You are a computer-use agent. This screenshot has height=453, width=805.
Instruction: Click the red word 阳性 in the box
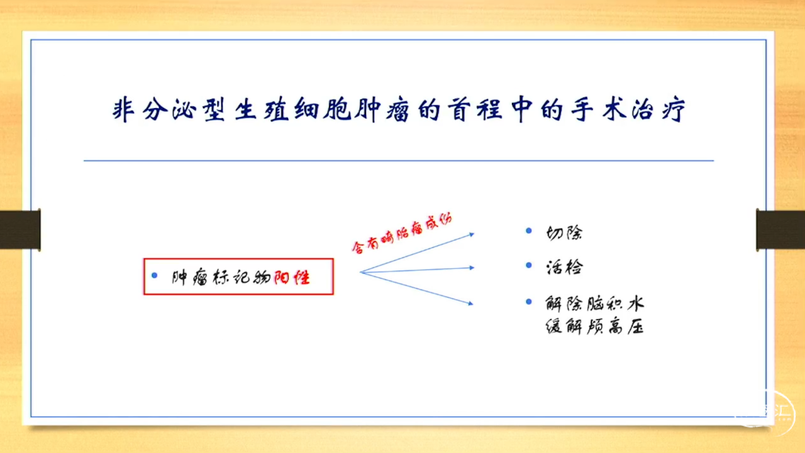[292, 278]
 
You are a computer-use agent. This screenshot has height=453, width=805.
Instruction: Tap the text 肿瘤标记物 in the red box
[221, 277]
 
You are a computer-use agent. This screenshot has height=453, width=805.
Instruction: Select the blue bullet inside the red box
[155, 276]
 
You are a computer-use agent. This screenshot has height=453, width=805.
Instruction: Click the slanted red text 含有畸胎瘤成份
[402, 234]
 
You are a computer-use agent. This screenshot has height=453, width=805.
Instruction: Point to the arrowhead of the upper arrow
[472, 235]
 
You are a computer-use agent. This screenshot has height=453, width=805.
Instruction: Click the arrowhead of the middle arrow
[472, 268]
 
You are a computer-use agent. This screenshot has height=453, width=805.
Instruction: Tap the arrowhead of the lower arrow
[471, 303]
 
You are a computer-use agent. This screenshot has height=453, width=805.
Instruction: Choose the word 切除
[564, 233]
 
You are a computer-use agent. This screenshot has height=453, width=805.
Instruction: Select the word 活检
[564, 267]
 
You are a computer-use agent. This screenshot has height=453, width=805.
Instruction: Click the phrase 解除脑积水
[595, 304]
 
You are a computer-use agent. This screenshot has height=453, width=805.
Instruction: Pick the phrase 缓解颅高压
[595, 327]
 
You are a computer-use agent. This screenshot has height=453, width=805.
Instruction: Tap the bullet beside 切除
[529, 230]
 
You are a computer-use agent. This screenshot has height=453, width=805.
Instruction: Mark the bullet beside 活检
[529, 265]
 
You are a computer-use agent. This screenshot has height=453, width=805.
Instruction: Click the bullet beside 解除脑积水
[529, 301]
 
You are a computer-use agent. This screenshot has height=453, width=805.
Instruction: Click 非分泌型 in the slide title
[169, 109]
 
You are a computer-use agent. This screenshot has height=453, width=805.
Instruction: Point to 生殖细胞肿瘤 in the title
[322, 109]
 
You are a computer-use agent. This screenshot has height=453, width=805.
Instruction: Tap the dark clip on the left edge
[20, 230]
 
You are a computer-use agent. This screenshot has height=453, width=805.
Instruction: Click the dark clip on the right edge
[780, 230]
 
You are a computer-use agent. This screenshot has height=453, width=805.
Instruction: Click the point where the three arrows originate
[360, 272]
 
